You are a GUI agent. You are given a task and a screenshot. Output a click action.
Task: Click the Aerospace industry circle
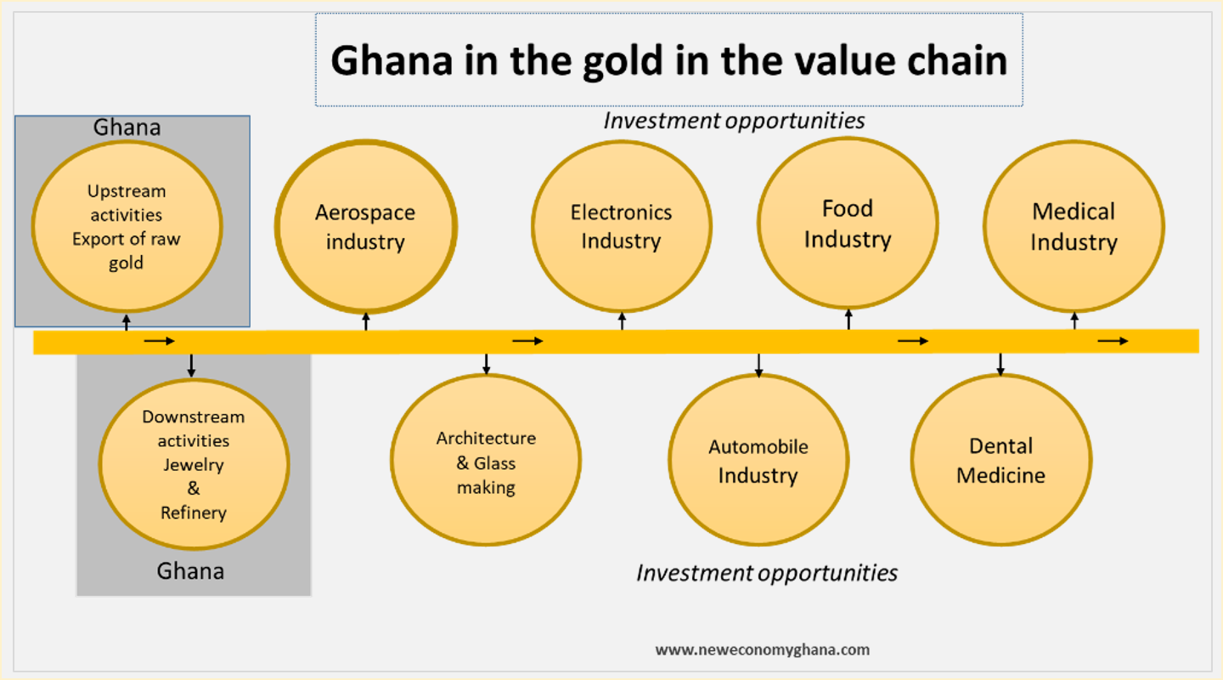[365, 226]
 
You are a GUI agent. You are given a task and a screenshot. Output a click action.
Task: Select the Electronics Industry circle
[621, 226]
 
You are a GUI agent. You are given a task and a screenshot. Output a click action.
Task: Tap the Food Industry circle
[848, 224]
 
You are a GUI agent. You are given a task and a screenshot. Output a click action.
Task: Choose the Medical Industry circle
[1074, 226]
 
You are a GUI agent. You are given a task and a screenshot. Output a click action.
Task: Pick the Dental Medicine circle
[1000, 460]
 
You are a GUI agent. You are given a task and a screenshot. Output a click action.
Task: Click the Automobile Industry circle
[758, 460]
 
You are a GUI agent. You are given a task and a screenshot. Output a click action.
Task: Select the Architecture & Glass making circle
[486, 460]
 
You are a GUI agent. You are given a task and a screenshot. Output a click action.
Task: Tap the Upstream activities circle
[127, 226]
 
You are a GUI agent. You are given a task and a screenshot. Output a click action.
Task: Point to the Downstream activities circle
[194, 464]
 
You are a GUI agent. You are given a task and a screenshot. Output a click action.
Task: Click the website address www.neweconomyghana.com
[762, 649]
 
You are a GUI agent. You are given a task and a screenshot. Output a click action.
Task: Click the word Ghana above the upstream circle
[127, 127]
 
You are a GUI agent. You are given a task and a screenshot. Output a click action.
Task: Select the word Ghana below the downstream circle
[190, 570]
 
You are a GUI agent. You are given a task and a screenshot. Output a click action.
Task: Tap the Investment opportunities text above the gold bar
[734, 121]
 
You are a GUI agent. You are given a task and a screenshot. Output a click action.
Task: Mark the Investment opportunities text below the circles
[766, 573]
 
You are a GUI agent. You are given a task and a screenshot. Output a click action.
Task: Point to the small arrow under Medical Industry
[1074, 320]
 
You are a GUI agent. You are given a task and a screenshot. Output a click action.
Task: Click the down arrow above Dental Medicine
[1000, 364]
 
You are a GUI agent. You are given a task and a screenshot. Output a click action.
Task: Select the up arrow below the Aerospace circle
[366, 320]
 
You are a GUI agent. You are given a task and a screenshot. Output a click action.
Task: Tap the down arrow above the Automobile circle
[758, 364]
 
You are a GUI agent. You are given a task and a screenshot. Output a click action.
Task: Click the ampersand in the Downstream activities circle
[194, 489]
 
